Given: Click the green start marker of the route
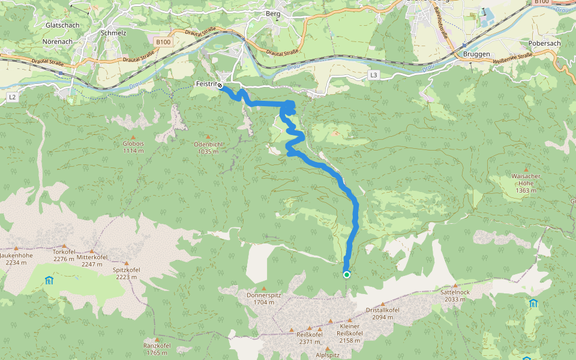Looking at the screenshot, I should [347, 275].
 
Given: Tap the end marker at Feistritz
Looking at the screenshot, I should [220, 85].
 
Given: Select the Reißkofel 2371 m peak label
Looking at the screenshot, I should [310, 337].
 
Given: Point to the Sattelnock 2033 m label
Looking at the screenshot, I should [454, 295].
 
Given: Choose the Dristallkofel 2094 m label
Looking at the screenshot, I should [382, 313].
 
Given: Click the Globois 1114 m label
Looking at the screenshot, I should [133, 147].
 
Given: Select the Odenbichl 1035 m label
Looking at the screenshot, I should [208, 148].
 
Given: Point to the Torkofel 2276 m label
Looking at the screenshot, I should [63, 255].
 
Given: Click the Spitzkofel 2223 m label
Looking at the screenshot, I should [126, 273].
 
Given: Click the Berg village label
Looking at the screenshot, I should [273, 13].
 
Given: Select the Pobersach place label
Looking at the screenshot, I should [545, 44].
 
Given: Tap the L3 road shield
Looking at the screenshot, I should [374, 75].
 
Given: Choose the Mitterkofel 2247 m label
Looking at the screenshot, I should [92, 260].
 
